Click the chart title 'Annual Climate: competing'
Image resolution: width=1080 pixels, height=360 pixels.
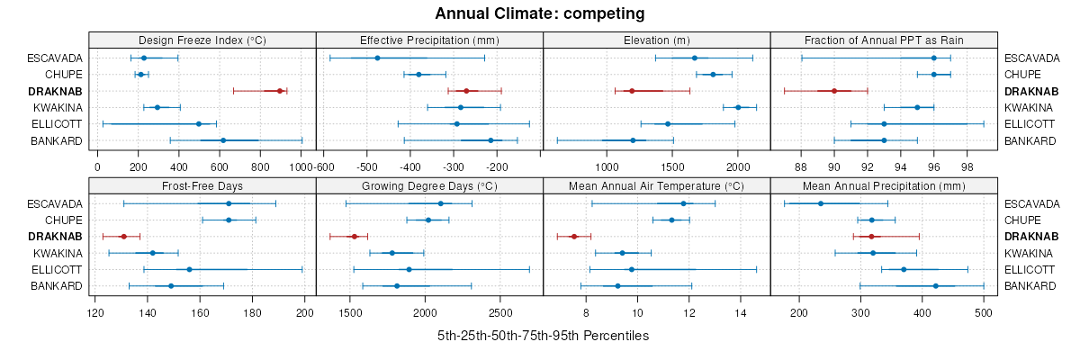click(x=540, y=13)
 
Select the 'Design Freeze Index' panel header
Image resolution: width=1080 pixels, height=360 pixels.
click(x=202, y=40)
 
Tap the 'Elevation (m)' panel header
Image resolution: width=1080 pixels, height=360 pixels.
click(x=657, y=40)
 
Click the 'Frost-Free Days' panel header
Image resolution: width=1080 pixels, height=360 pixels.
click(x=202, y=186)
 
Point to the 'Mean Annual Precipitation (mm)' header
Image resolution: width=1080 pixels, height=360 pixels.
click(x=884, y=186)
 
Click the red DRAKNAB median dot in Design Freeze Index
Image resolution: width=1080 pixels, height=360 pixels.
click(x=280, y=91)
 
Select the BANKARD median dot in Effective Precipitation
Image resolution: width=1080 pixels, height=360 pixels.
click(x=490, y=140)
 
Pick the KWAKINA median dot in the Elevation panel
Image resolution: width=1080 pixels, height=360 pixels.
click(x=738, y=107)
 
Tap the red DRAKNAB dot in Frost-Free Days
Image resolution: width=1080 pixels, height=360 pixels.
click(x=123, y=237)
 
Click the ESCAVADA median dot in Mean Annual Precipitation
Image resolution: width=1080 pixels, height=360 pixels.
click(x=820, y=203)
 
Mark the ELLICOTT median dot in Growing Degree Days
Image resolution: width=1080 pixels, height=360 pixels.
click(x=409, y=269)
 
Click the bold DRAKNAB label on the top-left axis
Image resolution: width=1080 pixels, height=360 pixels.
click(x=56, y=91)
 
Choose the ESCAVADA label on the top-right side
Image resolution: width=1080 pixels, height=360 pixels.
click(x=1029, y=58)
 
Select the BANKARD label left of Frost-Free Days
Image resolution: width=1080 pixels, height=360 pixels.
click(x=56, y=286)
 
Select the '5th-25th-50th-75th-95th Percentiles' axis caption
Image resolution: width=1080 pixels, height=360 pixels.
click(x=543, y=336)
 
